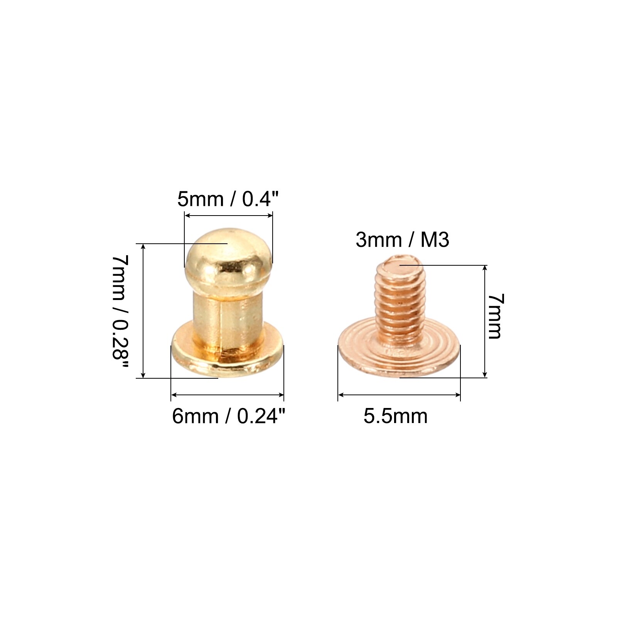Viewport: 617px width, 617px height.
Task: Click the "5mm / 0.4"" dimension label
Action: tap(228, 199)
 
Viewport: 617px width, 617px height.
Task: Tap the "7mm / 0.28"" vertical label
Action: tap(120, 313)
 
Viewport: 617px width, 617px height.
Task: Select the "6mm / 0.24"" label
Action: tap(229, 416)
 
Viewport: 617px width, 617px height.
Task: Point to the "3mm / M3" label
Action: tap(402, 240)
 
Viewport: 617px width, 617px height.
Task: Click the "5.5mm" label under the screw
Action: tap(396, 416)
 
